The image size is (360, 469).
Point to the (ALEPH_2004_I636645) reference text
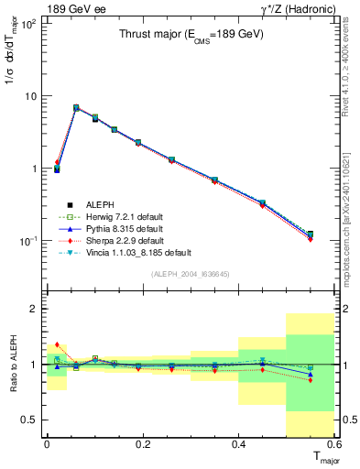tap(190, 272)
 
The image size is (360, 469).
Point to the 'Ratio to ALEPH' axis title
tap(12, 365)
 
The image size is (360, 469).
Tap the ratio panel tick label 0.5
tap(32, 420)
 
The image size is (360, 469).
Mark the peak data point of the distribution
tap(76, 108)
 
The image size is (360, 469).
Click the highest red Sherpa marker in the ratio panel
tap(57, 344)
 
